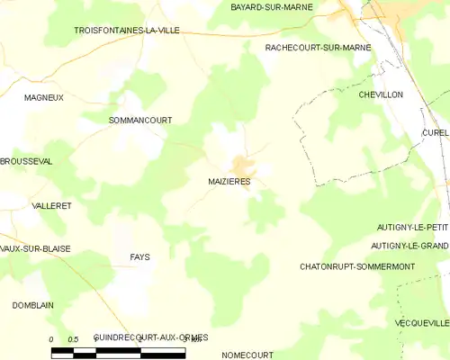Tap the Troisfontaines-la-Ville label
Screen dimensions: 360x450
(x=126, y=30)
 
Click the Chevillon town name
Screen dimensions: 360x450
(x=380, y=94)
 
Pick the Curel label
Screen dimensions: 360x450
(x=434, y=132)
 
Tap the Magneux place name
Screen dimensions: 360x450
(x=44, y=97)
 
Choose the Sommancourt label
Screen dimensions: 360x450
(x=139, y=120)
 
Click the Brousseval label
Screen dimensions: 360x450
(x=26, y=160)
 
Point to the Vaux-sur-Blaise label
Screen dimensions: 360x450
(x=35, y=248)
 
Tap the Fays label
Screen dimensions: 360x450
(x=139, y=257)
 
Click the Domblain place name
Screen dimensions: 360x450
(x=32, y=305)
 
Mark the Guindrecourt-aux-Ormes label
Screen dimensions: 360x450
(x=150, y=337)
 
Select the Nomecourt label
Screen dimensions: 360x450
(x=247, y=355)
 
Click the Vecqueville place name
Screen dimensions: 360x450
(x=421, y=322)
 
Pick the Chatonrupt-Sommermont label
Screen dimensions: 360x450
(x=356, y=267)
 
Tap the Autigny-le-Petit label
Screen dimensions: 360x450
(x=412, y=228)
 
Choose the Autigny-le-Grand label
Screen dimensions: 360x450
(x=409, y=245)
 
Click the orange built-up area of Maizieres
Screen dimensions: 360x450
(x=241, y=166)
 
